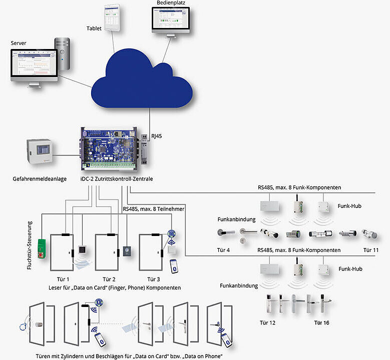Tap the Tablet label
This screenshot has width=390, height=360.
point(95,28)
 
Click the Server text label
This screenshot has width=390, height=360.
point(19,43)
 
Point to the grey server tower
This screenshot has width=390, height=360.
point(63,53)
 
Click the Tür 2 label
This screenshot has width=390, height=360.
point(108,279)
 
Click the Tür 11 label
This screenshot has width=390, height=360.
point(371,250)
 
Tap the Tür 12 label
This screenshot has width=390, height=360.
point(268,322)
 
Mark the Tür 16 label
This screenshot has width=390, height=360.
point(322,322)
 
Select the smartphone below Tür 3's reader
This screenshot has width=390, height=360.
point(174,264)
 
